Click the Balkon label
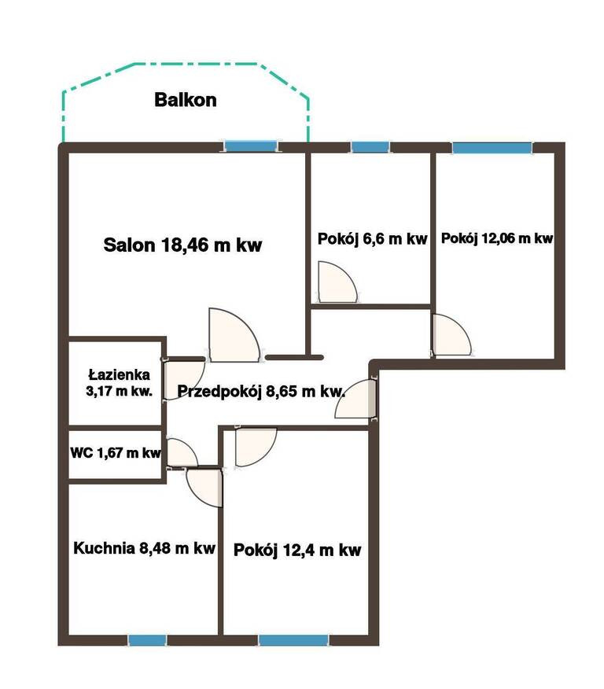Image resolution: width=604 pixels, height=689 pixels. (x=186, y=100)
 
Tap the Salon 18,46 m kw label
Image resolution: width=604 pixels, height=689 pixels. (x=182, y=245)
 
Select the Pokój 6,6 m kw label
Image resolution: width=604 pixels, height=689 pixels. (x=373, y=239)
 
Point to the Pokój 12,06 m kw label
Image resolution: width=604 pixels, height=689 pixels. (x=497, y=238)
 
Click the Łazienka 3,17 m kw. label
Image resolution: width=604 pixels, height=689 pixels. (x=119, y=383)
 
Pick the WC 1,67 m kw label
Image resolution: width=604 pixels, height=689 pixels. (x=116, y=452)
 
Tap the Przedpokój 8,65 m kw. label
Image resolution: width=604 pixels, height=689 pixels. (x=261, y=391)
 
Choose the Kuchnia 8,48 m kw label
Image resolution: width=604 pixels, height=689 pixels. (x=144, y=548)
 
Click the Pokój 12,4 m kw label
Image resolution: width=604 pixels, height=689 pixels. (x=297, y=550)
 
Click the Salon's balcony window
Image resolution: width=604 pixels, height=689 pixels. (x=251, y=146)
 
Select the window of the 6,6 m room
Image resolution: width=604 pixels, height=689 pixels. (x=370, y=147)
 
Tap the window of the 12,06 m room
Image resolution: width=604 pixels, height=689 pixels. (x=492, y=148)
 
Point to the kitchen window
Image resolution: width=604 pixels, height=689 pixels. (x=148, y=640)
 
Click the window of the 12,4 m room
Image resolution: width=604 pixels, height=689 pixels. (x=293, y=640)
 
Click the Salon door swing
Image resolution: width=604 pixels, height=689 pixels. (x=234, y=335)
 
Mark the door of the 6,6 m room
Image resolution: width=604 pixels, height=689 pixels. (x=337, y=282)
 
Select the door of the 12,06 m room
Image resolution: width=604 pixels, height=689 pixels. (x=451, y=335)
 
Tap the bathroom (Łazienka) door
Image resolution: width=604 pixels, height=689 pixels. (x=183, y=380)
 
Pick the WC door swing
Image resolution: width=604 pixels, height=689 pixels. (x=182, y=452)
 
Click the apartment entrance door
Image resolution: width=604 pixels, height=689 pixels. (x=355, y=399)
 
